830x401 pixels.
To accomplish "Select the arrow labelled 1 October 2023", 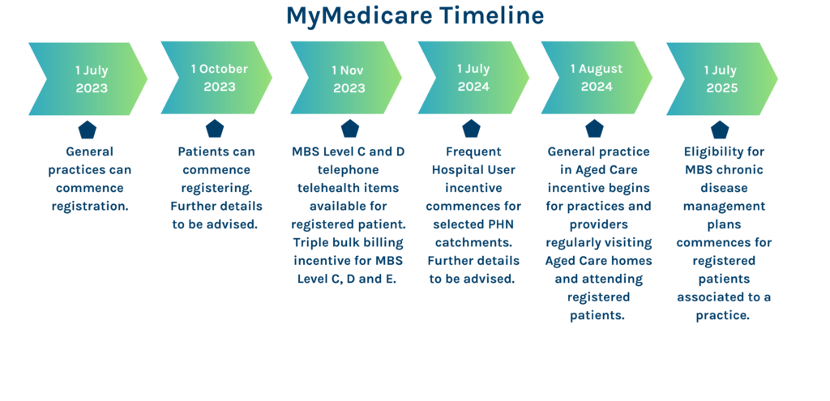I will click(217, 78).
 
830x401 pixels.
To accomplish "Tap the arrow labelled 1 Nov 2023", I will click(347, 78).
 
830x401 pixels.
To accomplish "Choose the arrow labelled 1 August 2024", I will click(596, 78).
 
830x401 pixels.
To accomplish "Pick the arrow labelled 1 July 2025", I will click(721, 79).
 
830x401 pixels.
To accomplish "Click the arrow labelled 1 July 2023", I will click(89, 79).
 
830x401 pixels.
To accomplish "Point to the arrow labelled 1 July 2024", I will click(473, 78).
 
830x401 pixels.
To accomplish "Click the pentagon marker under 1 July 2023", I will click(87, 130).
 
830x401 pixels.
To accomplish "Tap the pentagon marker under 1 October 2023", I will click(214, 129).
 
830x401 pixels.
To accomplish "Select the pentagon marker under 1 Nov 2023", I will click(349, 129).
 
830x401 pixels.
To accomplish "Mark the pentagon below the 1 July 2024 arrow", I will click(472, 129).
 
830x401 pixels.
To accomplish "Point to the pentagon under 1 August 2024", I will click(594, 129).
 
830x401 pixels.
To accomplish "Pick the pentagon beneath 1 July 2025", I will click(720, 130).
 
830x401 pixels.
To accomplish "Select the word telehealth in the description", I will click(331, 187).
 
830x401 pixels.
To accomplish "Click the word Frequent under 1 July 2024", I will click(473, 151).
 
